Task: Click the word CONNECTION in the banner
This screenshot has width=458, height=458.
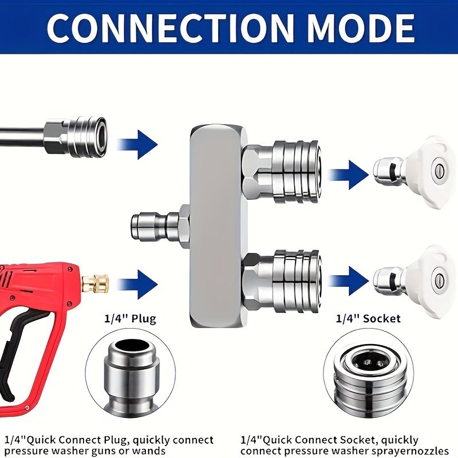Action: pyautogui.click(x=169, y=28)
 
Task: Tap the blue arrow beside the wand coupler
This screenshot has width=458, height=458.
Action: pyautogui.click(x=137, y=145)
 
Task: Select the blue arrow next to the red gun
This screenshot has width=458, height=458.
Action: pyautogui.click(x=137, y=284)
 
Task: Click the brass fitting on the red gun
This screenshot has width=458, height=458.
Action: pyautogui.click(x=95, y=283)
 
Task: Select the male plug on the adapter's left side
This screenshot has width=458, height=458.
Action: pyautogui.click(x=159, y=227)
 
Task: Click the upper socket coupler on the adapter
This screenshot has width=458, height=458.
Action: pyautogui.click(x=282, y=172)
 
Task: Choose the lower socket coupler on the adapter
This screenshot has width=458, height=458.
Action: pyautogui.click(x=282, y=281)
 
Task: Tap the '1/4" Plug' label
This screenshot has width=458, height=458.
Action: pyautogui.click(x=131, y=319)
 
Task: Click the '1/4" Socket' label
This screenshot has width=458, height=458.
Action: pyautogui.click(x=368, y=318)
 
